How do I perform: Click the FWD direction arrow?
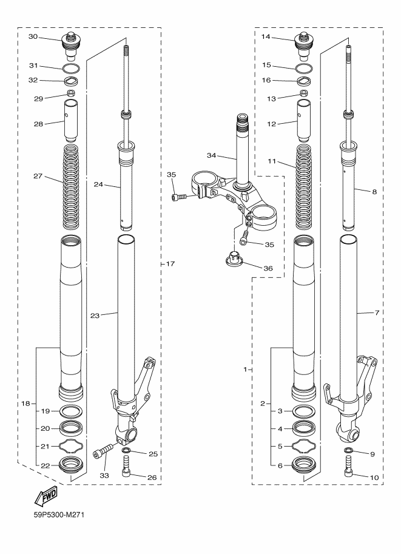point(46,498)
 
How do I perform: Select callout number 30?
point(33,37)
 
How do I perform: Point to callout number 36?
point(267,268)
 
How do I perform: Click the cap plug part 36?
point(232,258)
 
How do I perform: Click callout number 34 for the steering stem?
point(211,156)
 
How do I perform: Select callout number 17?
point(170,264)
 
